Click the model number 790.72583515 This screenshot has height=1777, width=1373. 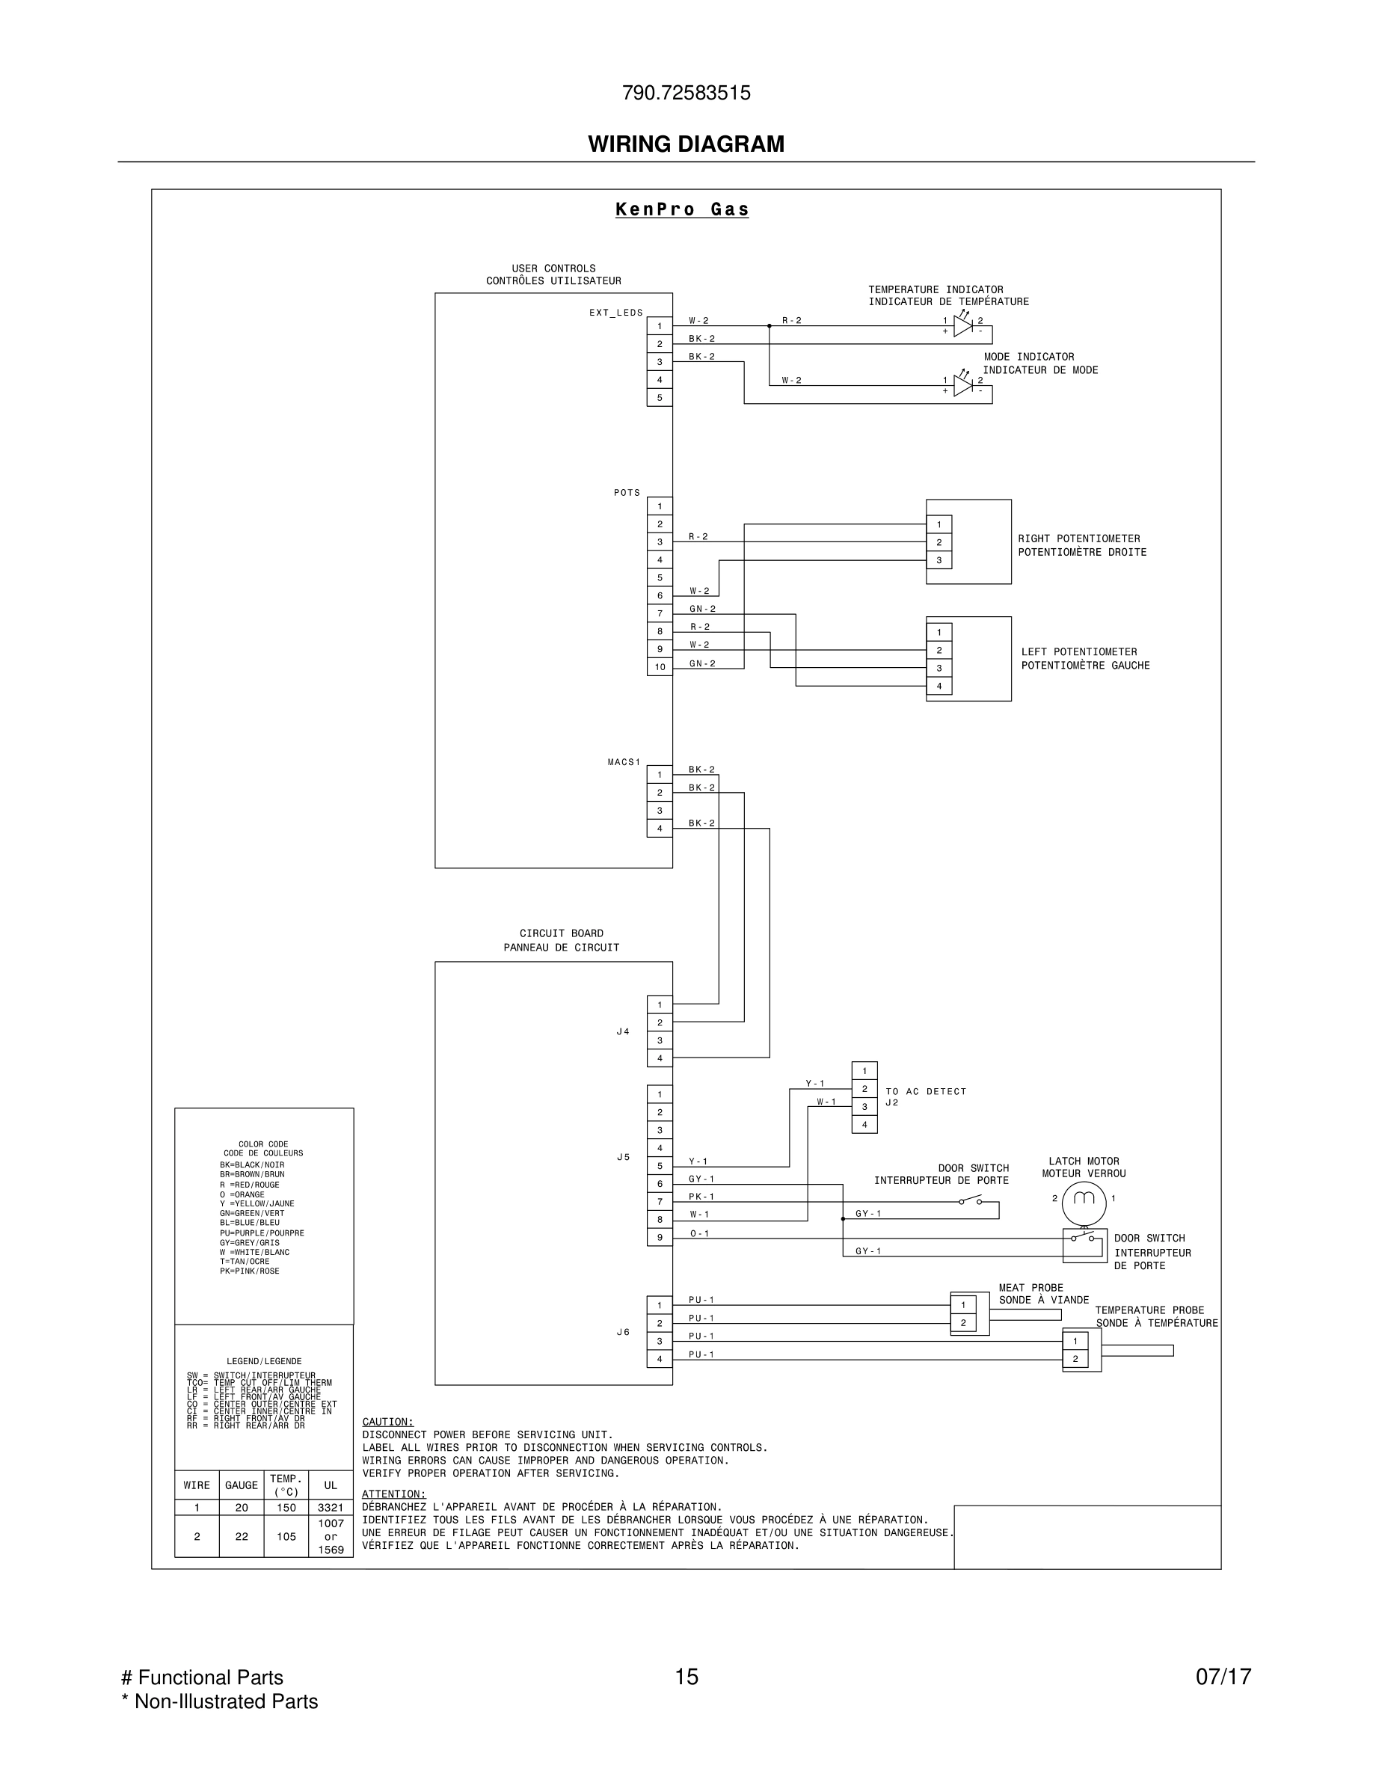(x=686, y=93)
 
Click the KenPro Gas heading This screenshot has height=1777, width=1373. (x=681, y=210)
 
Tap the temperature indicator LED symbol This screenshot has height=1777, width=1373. (x=963, y=326)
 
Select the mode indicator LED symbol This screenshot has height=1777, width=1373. (x=963, y=386)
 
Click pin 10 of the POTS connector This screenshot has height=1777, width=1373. (x=660, y=667)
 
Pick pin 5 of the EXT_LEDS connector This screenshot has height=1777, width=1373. (x=660, y=398)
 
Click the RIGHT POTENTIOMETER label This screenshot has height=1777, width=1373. (x=1078, y=538)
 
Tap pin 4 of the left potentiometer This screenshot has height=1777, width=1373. (x=939, y=686)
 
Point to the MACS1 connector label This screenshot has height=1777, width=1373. (x=624, y=762)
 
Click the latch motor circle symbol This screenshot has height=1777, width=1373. (x=1084, y=1198)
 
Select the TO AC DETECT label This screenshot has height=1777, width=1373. (x=926, y=1092)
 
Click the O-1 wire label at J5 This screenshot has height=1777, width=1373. (x=699, y=1233)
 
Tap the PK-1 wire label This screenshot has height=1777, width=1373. (x=701, y=1197)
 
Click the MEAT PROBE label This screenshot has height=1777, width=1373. (x=1030, y=1288)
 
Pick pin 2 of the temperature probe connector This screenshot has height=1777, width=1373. (x=1075, y=1359)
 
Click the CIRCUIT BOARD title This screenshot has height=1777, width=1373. (x=561, y=933)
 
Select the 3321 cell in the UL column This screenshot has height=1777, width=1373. (x=331, y=1508)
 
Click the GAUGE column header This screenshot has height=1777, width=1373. (x=241, y=1486)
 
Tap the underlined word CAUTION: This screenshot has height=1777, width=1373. (x=387, y=1422)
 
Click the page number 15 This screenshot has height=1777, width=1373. (x=686, y=1678)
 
